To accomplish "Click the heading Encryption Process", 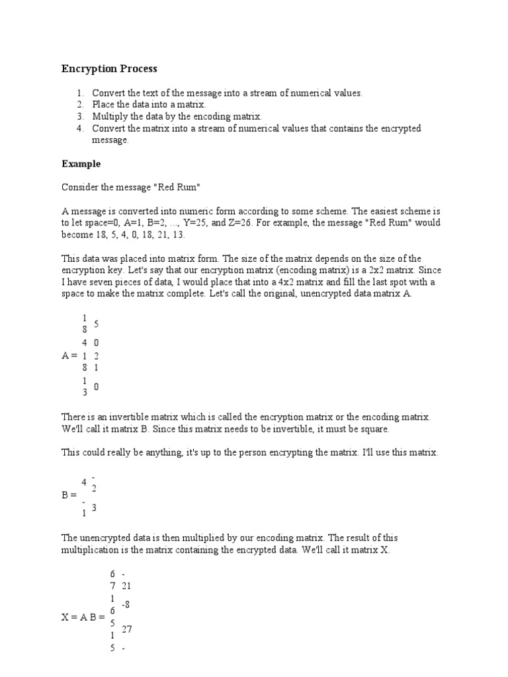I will point(109,69).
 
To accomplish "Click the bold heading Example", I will point(81,163).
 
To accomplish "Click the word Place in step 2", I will point(104,105).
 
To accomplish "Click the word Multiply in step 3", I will point(109,116).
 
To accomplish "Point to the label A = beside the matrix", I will point(69,355).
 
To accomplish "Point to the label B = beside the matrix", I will point(69,494).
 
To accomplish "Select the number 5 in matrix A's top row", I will point(97,324).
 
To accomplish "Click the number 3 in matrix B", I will point(95,508).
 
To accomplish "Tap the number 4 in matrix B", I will point(84,482).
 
